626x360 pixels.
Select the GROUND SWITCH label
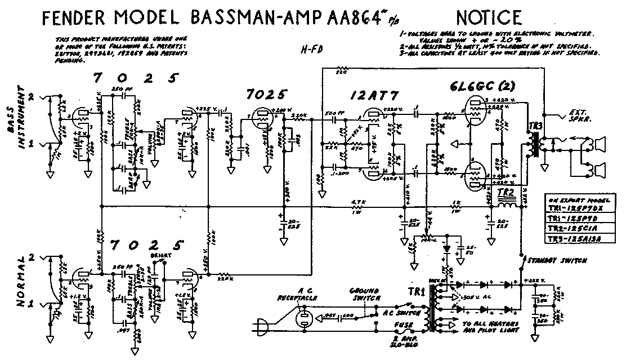point(364,295)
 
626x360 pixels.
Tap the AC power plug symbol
point(261,326)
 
